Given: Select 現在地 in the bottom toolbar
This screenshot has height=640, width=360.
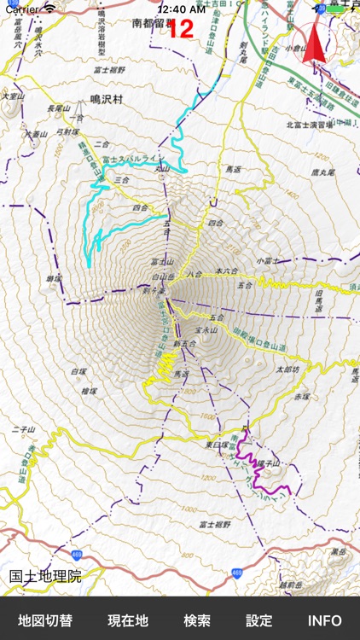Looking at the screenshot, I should coord(128,620).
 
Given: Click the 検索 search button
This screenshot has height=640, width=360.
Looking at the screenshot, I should coord(197,620).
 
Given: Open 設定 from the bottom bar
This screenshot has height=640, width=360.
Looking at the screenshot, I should coord(259,620).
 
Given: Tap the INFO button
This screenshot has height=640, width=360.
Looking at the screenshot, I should coord(324,620).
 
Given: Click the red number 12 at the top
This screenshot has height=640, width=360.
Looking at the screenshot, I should coord(181,29).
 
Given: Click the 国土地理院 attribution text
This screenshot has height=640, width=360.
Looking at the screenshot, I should coord(45,577).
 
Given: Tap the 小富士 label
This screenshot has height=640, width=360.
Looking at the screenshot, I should coord(268,260).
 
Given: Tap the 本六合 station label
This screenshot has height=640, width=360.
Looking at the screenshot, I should coord(226,271).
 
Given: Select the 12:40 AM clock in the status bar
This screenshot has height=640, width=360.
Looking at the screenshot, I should coord(180,8).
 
